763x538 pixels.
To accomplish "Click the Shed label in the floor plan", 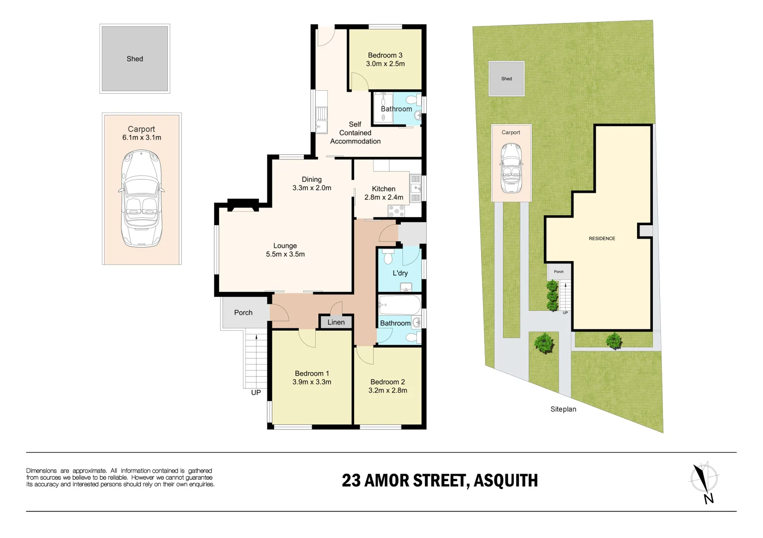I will (x=134, y=59).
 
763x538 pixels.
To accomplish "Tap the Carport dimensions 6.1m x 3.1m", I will (x=142, y=137).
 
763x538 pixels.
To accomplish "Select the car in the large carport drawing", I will (x=141, y=199).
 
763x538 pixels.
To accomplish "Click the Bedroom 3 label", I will (x=385, y=55).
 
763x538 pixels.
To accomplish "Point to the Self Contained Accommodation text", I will (x=355, y=133).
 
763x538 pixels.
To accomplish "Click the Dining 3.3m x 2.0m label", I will (x=312, y=184).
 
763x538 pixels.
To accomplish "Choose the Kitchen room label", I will (x=383, y=189).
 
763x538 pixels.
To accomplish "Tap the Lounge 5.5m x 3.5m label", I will (x=285, y=250).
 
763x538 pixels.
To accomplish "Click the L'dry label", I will (x=400, y=273).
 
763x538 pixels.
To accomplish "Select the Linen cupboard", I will (x=336, y=322).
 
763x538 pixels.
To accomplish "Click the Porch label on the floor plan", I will (x=244, y=313).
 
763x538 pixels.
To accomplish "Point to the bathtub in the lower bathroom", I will (x=399, y=304).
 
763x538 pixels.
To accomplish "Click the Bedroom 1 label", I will (x=312, y=374).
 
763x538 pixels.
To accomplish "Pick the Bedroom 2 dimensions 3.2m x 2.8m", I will (x=388, y=391).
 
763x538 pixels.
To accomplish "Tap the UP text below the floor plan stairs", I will (x=256, y=393).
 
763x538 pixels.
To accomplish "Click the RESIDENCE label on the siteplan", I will (x=602, y=239).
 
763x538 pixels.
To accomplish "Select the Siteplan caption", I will (x=563, y=409).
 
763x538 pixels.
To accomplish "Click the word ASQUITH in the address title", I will (x=506, y=481).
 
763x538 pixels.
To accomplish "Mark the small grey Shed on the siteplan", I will (x=507, y=79).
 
